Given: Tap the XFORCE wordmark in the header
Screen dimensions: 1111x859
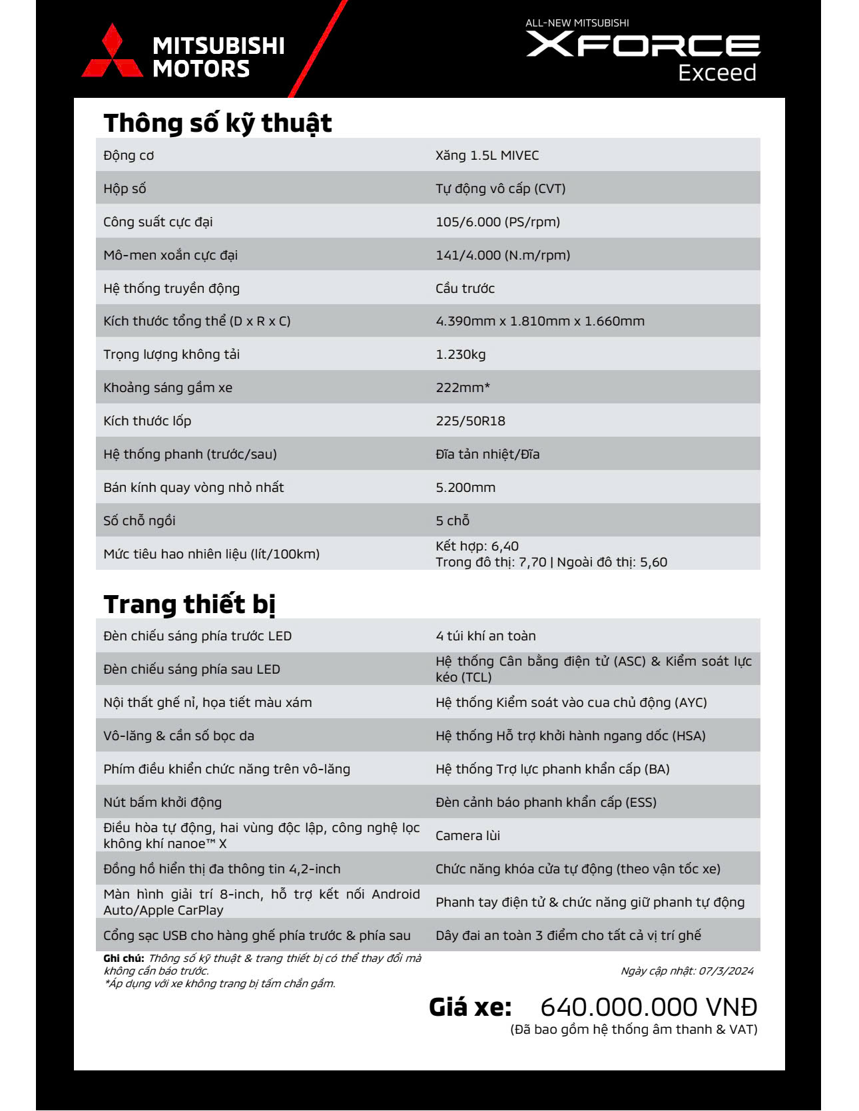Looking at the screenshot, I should (643, 45).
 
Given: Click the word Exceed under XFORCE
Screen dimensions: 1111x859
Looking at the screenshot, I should (716, 73).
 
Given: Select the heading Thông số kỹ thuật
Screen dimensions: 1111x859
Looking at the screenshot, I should (218, 123).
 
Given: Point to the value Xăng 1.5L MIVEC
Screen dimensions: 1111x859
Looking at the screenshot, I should (487, 155).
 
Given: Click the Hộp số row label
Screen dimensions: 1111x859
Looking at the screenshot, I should (125, 188).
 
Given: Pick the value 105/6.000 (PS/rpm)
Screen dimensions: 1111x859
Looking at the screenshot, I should (497, 222).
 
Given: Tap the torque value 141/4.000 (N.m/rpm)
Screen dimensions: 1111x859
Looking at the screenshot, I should (503, 255).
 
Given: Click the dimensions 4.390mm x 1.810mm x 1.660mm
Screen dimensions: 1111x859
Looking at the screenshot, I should (540, 321).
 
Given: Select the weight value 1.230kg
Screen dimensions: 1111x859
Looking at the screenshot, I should (460, 354).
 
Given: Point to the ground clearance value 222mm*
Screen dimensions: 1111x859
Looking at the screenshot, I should (463, 387).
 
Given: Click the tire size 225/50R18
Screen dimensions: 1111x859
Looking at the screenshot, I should (470, 421).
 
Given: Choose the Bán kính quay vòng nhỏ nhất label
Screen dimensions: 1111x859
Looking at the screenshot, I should (193, 487).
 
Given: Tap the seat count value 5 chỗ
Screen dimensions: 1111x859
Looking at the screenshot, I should (452, 521).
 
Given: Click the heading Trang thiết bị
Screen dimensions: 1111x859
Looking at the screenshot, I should (189, 604).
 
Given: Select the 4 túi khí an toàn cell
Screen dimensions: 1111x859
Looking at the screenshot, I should (485, 636).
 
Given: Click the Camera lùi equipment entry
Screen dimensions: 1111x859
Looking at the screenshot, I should (467, 835).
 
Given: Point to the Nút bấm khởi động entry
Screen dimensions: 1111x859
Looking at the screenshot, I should (162, 802).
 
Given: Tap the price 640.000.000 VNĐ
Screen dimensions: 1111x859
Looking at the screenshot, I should (649, 1006).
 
